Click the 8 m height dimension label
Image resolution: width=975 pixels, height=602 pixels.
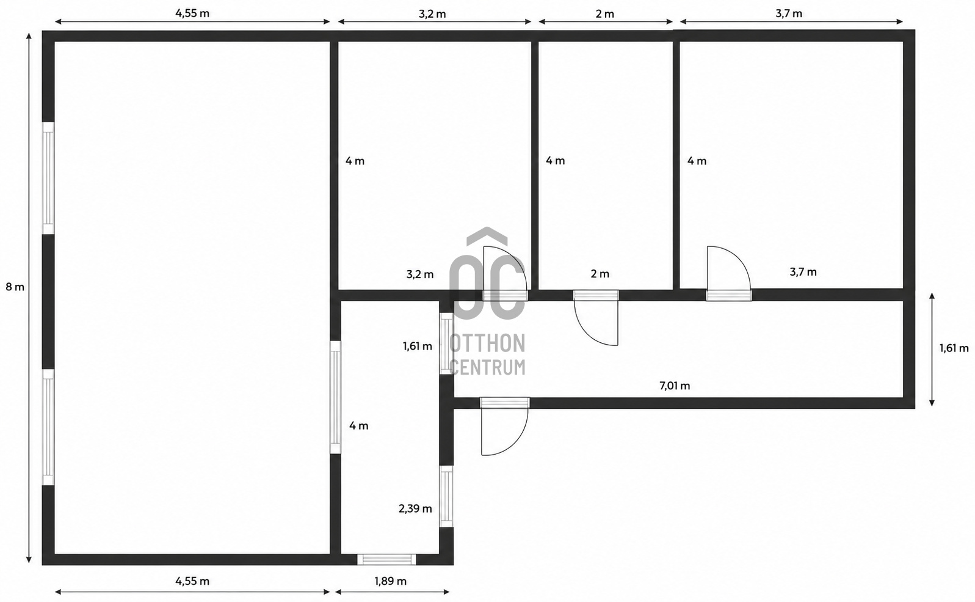tap(15, 287)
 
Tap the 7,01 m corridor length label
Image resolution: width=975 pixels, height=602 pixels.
tap(675, 386)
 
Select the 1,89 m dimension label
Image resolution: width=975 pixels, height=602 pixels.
tap(391, 581)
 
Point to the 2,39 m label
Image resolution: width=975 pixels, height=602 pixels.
tap(415, 508)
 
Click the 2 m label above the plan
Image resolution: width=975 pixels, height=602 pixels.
tap(605, 14)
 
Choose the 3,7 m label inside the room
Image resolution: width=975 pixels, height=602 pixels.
tap(803, 272)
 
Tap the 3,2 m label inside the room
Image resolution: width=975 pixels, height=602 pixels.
tap(420, 274)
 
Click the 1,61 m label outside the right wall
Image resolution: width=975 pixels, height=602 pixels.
tap(954, 348)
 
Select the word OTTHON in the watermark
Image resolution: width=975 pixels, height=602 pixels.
tap(487, 343)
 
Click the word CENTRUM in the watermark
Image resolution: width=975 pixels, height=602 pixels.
tap(487, 367)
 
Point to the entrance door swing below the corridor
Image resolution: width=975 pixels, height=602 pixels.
tap(504, 427)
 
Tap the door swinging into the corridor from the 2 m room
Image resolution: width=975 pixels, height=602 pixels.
tap(596, 318)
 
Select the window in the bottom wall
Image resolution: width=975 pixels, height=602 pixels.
tap(386, 559)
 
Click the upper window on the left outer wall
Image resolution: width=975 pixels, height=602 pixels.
tap(48, 178)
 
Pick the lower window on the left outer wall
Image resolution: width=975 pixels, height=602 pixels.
tap(48, 427)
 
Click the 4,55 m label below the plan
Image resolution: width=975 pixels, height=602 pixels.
tap(192, 581)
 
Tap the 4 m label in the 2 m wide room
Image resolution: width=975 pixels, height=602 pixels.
tap(556, 161)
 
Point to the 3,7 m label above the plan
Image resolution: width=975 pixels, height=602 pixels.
tap(789, 13)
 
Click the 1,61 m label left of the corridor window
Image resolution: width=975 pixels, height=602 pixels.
tap(418, 347)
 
